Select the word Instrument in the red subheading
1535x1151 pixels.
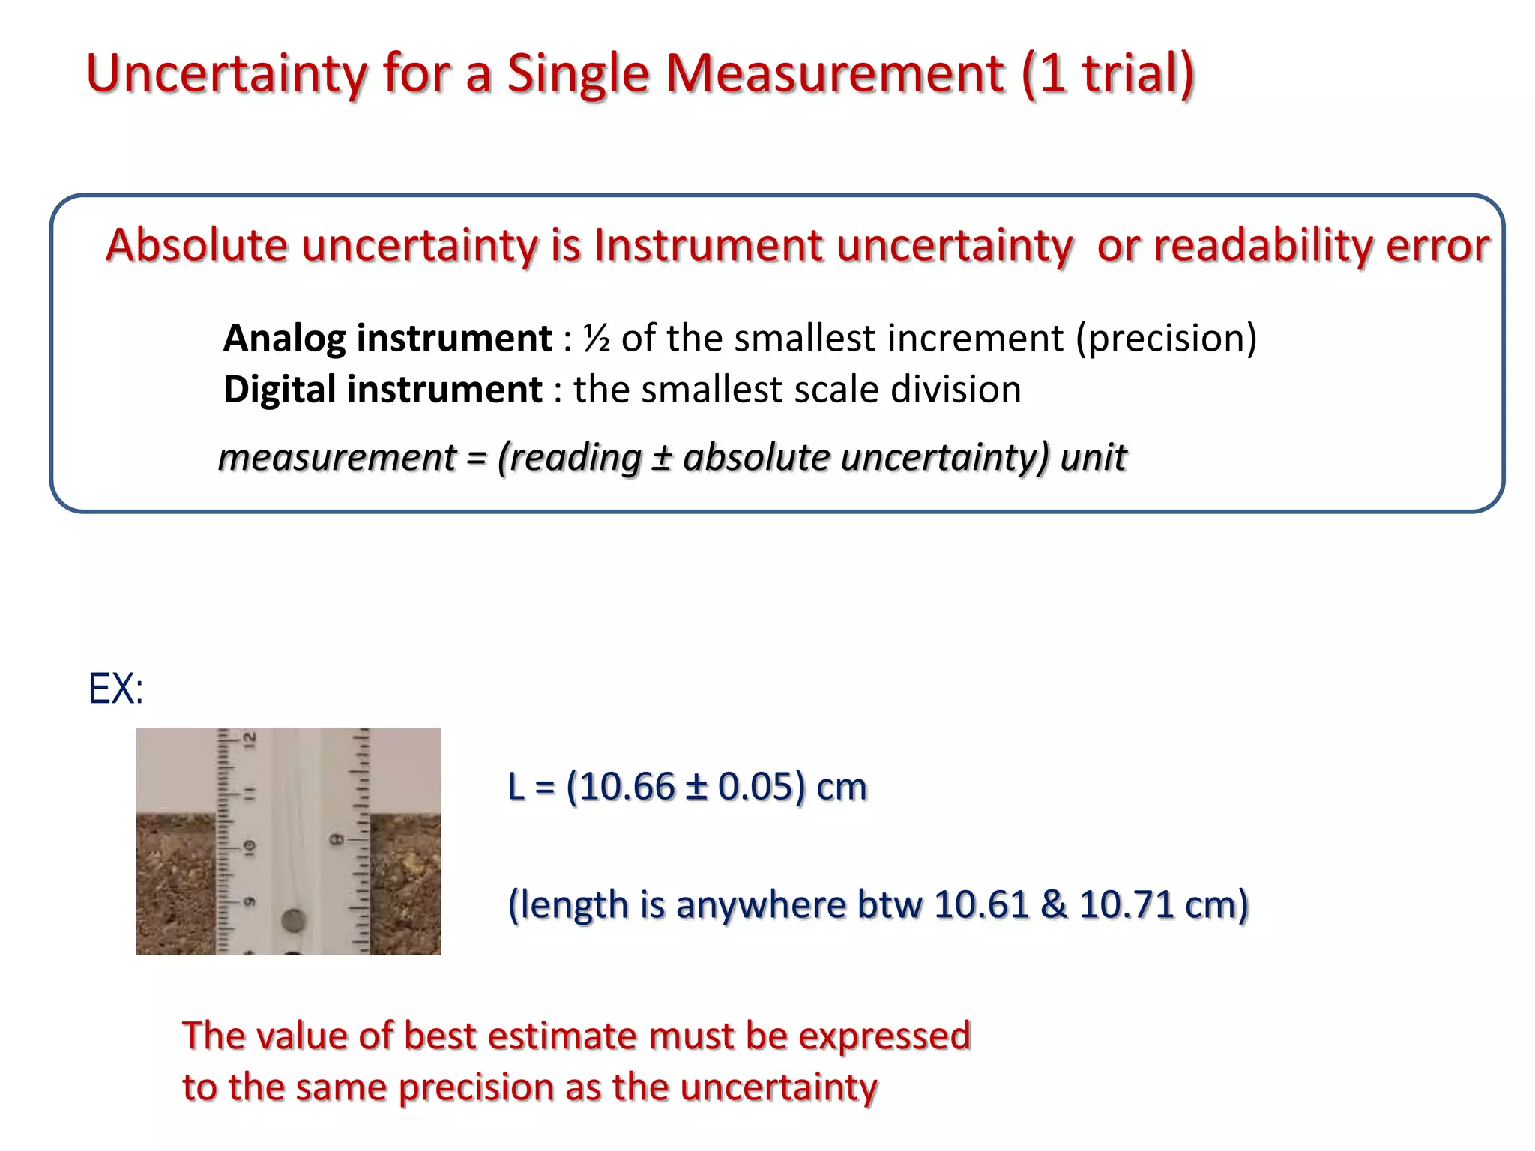point(708,245)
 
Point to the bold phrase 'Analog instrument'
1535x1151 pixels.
point(387,338)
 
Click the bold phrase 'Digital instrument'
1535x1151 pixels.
point(382,390)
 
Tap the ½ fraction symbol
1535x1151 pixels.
point(597,338)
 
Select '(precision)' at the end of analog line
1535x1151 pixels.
point(1166,338)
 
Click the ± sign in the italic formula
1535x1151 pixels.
point(660,457)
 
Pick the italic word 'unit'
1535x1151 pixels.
point(1093,457)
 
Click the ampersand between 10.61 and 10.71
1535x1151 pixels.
point(1053,904)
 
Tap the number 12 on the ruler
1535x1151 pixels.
point(250,740)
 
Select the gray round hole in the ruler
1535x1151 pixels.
point(293,920)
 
